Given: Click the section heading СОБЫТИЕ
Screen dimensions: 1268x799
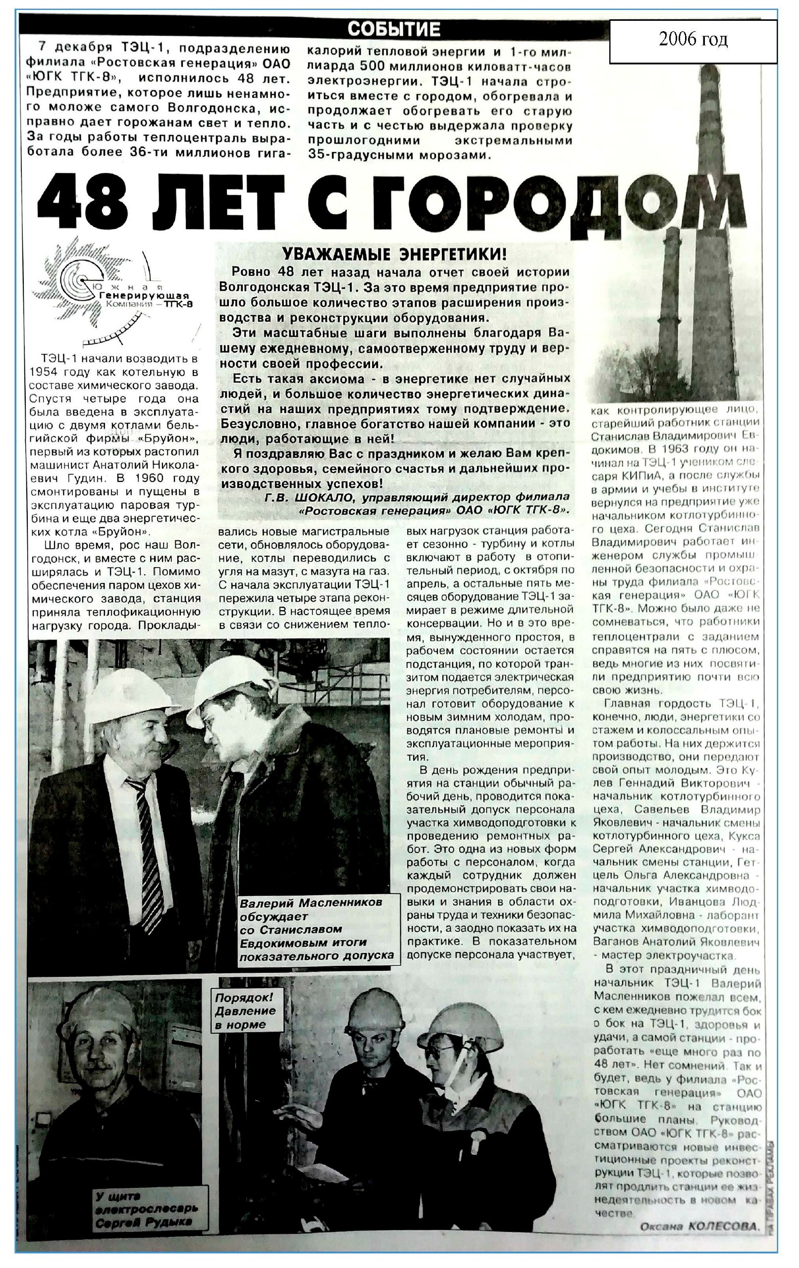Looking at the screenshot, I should [x=393, y=29].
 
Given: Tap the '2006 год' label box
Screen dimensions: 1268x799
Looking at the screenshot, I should [x=692, y=40].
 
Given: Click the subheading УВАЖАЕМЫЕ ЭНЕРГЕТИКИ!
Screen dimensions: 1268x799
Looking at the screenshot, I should [x=394, y=255].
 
